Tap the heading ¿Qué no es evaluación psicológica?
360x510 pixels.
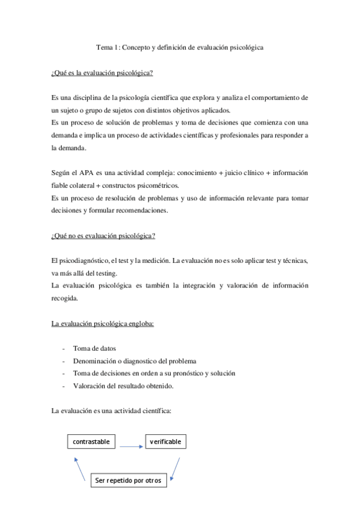coord(103,235)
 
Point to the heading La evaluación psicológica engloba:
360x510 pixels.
coord(103,324)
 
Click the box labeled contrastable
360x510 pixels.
coord(91,442)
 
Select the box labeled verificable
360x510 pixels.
coord(165,442)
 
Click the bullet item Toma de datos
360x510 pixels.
coord(94,349)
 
